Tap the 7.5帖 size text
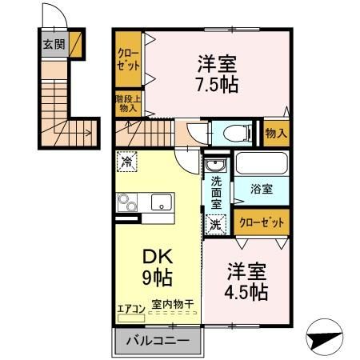[218, 82]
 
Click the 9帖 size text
[157, 279]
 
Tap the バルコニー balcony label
[156, 341]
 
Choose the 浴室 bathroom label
[262, 190]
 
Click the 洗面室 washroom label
[215, 192]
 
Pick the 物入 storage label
[276, 133]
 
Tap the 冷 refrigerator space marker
[128, 162]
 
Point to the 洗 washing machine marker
[215, 225]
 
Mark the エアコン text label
[130, 307]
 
